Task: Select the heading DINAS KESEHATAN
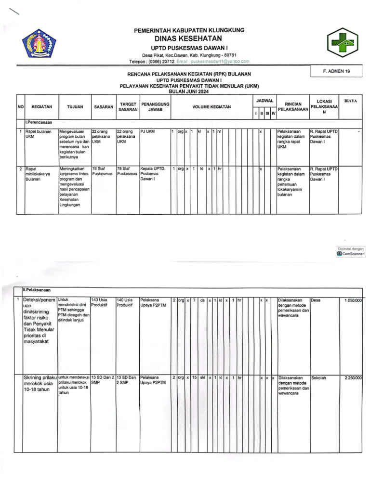188,39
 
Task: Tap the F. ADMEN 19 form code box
337,71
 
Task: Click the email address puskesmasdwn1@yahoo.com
220,62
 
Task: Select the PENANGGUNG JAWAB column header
155,106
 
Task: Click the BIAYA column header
351,101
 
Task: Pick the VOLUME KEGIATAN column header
211,106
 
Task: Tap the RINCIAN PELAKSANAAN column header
293,106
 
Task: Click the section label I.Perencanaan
39,123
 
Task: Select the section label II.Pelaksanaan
39,289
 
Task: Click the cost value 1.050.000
353,300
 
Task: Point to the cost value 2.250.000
353,378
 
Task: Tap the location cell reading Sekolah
318,378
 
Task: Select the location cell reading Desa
316,300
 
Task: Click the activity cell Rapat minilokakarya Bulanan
36,174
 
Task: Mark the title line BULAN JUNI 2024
188,91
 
